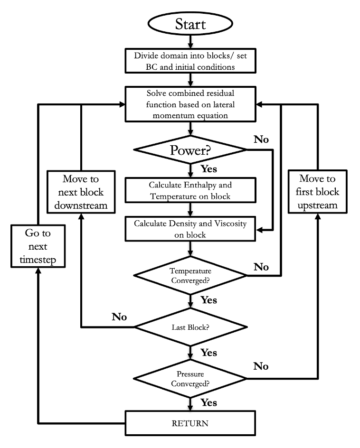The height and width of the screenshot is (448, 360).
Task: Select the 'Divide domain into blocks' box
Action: [x=190, y=61]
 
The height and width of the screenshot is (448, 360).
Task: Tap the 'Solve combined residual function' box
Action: [x=190, y=103]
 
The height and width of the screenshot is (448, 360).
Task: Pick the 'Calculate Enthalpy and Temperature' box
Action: [x=190, y=190]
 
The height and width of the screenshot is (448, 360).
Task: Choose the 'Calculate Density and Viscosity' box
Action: [x=190, y=229]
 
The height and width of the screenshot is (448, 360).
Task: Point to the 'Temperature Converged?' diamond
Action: [x=190, y=275]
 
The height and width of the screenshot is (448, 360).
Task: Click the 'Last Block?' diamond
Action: [x=190, y=327]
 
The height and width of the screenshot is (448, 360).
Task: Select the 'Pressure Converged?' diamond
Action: [x=190, y=379]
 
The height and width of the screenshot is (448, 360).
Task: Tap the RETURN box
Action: [x=190, y=422]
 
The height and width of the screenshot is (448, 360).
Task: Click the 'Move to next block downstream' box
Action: [x=82, y=192]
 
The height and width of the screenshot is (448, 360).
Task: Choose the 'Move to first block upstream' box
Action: [x=317, y=192]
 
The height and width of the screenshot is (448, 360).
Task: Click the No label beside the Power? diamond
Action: [x=261, y=140]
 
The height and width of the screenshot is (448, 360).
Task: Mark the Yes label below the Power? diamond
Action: [x=209, y=168]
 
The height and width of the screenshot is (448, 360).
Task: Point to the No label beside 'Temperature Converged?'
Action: [x=261, y=267]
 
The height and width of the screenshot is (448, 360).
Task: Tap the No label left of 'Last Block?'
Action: [x=119, y=317]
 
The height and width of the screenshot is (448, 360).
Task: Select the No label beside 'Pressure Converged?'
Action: [x=261, y=366]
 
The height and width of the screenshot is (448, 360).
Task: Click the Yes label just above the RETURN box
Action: [x=209, y=402]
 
